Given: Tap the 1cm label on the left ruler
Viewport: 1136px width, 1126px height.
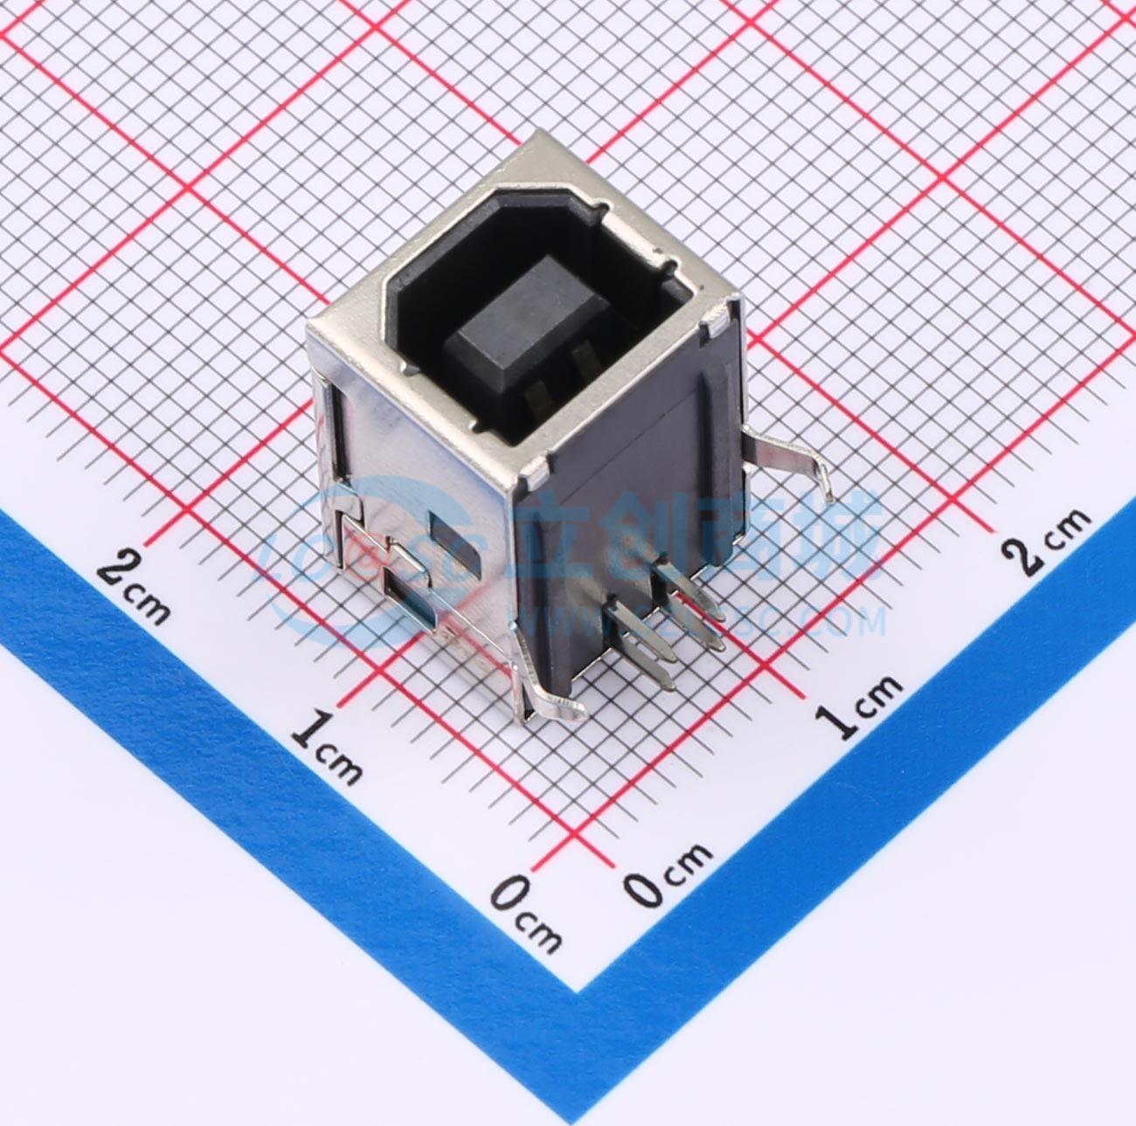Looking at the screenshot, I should pos(326,744).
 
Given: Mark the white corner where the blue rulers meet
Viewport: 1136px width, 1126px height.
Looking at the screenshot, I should pos(577,987).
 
